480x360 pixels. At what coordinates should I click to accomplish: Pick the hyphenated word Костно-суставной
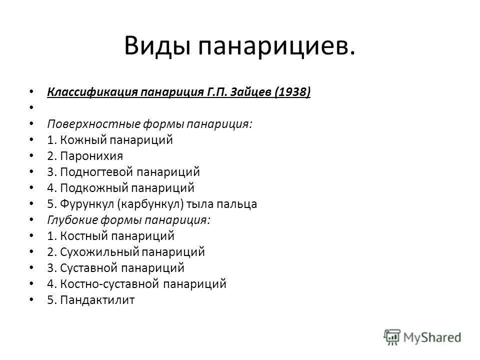(x=110, y=284)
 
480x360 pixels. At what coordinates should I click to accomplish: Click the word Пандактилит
(x=97, y=300)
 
